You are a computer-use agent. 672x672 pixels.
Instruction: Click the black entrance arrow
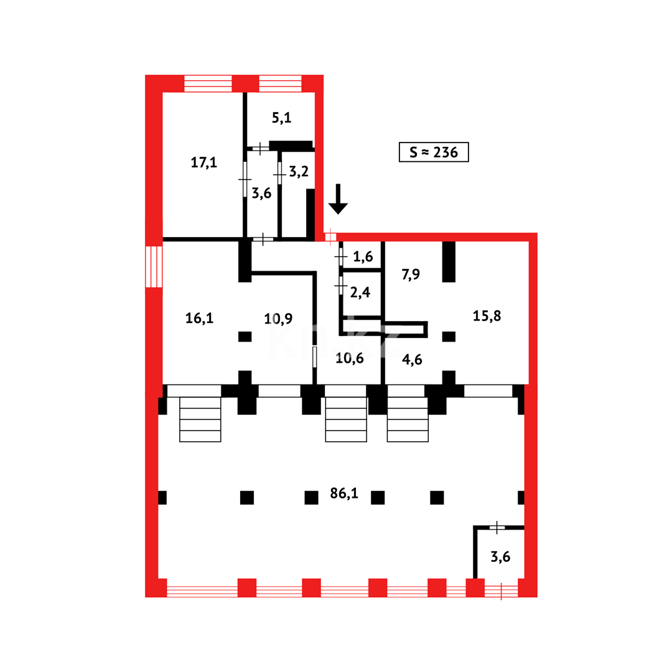click(338, 199)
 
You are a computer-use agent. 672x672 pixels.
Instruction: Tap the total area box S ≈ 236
click(434, 152)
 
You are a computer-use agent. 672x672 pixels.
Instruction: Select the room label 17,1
click(204, 162)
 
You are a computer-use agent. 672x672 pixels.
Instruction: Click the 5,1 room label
click(282, 118)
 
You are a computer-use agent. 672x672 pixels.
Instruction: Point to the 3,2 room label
click(299, 172)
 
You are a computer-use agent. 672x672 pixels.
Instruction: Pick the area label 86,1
click(344, 493)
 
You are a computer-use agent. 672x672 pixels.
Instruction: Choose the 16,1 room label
click(199, 318)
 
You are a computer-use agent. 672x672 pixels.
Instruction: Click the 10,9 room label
click(278, 319)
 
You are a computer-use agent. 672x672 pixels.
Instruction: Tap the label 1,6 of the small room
click(363, 257)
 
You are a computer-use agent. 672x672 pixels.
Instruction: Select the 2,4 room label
click(360, 292)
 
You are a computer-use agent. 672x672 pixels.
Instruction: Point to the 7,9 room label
click(411, 274)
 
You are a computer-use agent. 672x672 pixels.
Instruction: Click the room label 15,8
click(487, 316)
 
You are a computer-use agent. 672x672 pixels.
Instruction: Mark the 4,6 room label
click(412, 359)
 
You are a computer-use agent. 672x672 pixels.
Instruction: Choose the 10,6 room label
click(350, 358)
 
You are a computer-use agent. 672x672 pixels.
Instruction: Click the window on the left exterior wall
click(154, 266)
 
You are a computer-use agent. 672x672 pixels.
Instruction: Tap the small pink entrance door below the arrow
click(330, 237)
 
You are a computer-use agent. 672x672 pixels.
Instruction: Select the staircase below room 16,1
click(200, 419)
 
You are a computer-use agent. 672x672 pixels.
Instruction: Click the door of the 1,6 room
click(341, 257)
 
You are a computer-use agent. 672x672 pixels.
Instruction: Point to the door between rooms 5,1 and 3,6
click(260, 149)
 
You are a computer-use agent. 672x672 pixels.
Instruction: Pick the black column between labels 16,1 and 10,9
click(245, 337)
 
